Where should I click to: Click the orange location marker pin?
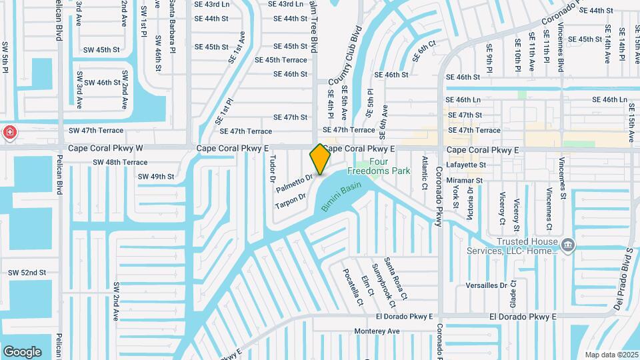point(320,159)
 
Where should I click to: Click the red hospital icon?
point(10,132)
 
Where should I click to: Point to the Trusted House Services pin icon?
point(567,245)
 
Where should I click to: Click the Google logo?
point(22,351)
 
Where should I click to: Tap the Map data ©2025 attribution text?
point(611,355)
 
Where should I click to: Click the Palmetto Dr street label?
point(295,183)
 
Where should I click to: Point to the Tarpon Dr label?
point(290,201)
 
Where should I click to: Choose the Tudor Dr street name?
point(272,169)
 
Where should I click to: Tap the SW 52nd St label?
point(27,273)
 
